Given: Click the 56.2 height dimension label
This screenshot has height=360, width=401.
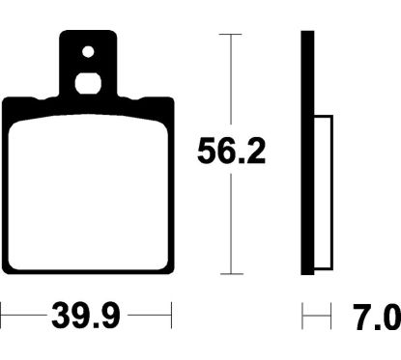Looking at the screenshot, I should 231,152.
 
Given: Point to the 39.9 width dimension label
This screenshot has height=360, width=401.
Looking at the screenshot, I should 85,315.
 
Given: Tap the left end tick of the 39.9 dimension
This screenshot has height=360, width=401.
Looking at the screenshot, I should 2,315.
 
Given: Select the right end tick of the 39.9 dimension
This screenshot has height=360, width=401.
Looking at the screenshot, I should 170,315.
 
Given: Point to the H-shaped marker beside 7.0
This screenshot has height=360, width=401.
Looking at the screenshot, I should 310,316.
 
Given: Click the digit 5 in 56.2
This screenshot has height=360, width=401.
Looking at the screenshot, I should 208,152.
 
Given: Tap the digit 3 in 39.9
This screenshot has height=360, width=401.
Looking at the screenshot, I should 58,315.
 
